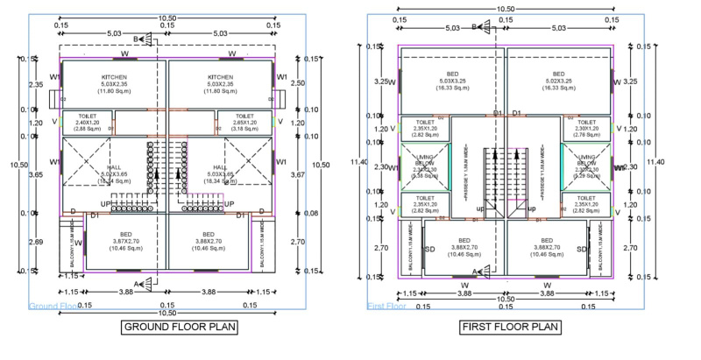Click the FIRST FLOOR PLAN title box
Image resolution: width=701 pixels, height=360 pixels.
click(x=509, y=328)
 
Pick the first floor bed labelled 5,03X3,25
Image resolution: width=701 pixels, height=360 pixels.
click(x=454, y=80)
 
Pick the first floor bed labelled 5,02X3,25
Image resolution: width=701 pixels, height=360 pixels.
click(x=556, y=80)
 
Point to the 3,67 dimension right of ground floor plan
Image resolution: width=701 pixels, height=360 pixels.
click(x=295, y=174)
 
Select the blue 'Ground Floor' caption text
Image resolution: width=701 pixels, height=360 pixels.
click(x=53, y=306)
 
